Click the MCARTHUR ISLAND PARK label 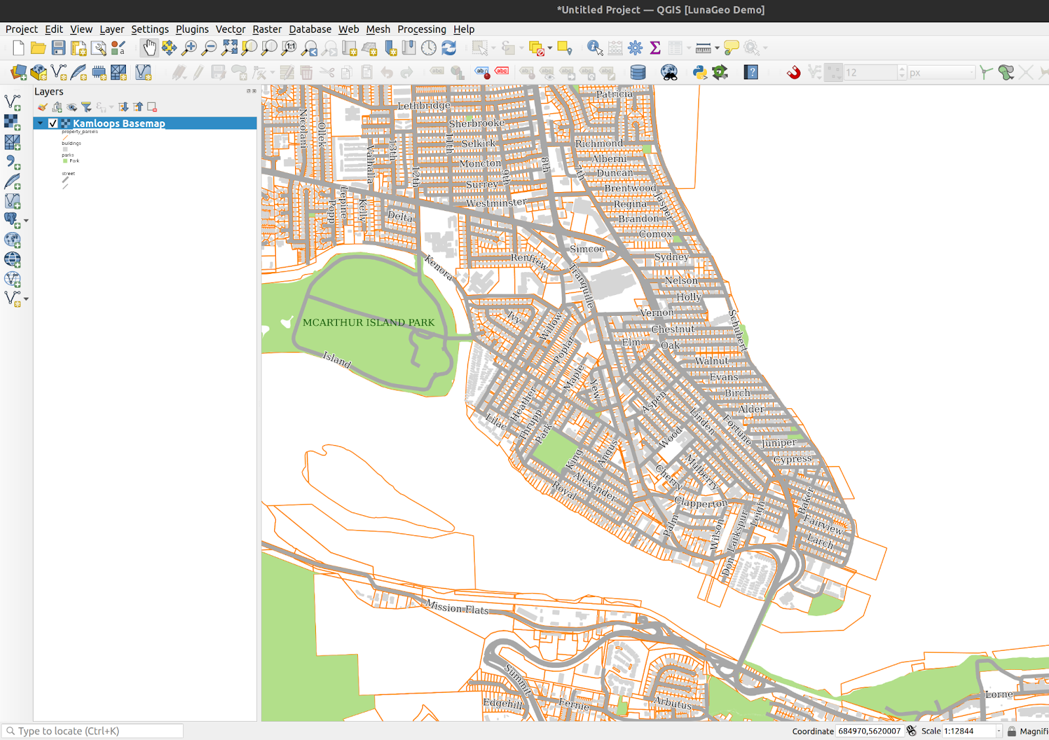(x=368, y=322)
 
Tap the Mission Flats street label (x=457, y=608)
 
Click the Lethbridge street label (x=424, y=105)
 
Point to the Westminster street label (x=496, y=203)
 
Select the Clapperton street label (x=701, y=503)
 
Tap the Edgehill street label (x=503, y=703)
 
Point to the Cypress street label (x=792, y=459)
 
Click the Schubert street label (x=738, y=329)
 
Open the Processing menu (x=422, y=29)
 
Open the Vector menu (x=230, y=29)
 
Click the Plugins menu (x=192, y=29)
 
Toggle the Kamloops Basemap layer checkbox (x=53, y=123)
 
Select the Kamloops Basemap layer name (x=119, y=123)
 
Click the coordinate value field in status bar (x=869, y=731)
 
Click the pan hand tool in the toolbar (x=149, y=48)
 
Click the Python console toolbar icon (x=700, y=72)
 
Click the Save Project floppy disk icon (x=58, y=48)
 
